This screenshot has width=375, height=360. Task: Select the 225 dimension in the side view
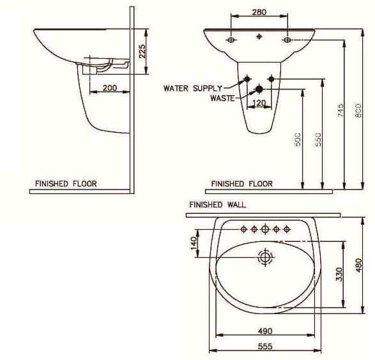pyautogui.click(x=142, y=51)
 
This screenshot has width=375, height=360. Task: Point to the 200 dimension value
pyautogui.click(x=109, y=87)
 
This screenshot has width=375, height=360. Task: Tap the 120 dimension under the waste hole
pyautogui.click(x=259, y=102)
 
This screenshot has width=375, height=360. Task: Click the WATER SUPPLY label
pyautogui.click(x=192, y=88)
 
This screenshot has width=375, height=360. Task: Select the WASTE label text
pyautogui.click(x=223, y=98)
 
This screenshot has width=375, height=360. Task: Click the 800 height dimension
pyautogui.click(x=358, y=112)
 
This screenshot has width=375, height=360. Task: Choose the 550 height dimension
pyautogui.click(x=318, y=139)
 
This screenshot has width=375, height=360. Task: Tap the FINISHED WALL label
pyautogui.click(x=217, y=205)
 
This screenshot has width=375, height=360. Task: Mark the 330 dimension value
pyautogui.click(x=341, y=274)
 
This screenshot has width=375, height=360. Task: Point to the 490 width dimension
pyautogui.click(x=264, y=331)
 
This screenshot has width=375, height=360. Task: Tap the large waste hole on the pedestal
pyautogui.click(x=259, y=89)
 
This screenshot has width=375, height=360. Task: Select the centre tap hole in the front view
pyautogui.click(x=258, y=36)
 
